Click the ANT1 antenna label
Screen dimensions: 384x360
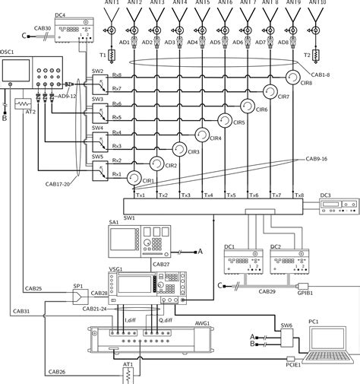click(x=112, y=4)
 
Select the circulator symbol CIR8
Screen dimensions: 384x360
click(x=292, y=77)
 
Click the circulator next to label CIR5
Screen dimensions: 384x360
click(x=225, y=119)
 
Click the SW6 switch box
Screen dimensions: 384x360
click(x=286, y=337)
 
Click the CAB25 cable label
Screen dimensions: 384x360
click(x=33, y=289)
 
